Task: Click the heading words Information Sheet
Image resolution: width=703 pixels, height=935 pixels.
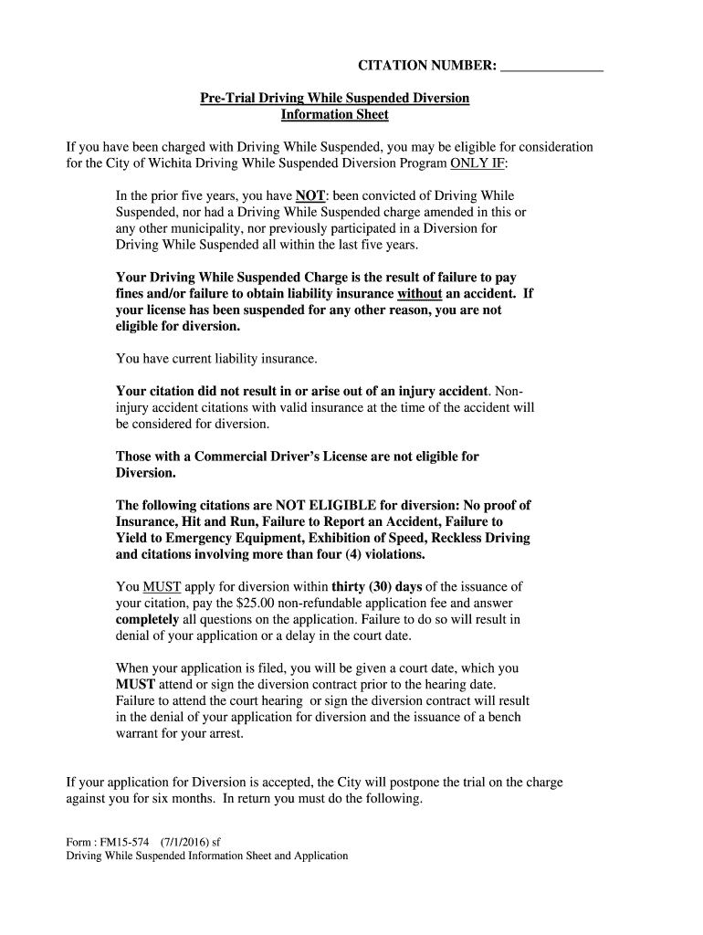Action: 335,115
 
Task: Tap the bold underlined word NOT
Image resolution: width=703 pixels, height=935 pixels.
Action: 310,196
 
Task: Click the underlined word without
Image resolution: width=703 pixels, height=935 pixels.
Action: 420,294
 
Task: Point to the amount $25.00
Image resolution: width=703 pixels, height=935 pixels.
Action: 257,604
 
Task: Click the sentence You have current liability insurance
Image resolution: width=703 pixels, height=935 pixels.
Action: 216,359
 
